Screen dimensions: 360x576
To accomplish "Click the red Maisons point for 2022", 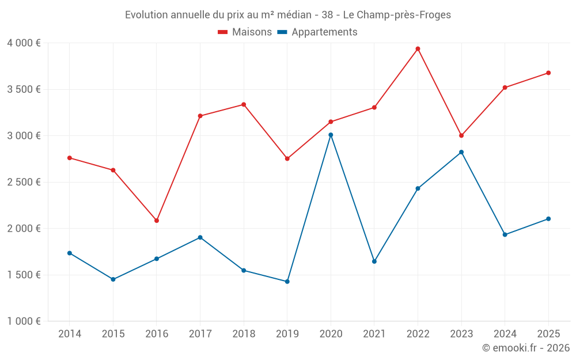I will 418,49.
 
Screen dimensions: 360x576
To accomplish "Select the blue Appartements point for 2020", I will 331,135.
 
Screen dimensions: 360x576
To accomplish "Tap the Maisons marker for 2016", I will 157,221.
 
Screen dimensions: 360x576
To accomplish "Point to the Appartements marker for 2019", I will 287,282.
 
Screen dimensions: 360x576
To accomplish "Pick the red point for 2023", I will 461,135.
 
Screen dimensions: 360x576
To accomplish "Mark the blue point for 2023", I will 461,152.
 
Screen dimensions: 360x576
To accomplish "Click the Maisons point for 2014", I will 70,158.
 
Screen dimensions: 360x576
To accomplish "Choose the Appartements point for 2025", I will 548,219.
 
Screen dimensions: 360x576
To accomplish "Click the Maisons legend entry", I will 245,32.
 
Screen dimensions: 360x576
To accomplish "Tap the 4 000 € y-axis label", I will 24,43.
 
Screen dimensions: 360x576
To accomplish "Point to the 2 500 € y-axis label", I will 24,182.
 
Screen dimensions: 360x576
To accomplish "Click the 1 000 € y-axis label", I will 24,321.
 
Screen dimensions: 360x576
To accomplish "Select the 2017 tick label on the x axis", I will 200,334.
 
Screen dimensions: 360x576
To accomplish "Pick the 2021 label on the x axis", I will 374,334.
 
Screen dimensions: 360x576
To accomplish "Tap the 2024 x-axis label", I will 505,334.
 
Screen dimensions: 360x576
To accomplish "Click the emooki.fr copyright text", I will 525,348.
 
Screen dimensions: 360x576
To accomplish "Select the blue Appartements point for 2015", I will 113,279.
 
